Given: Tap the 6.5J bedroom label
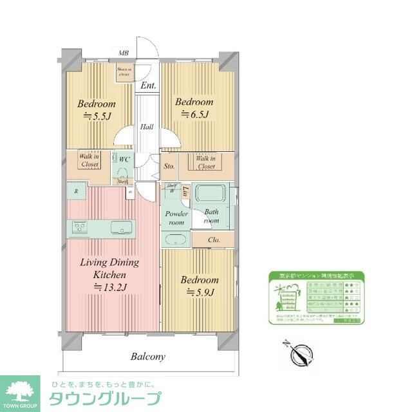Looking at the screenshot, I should (194, 108).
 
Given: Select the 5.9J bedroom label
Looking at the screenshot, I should (200, 286).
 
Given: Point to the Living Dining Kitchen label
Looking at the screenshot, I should (109, 275).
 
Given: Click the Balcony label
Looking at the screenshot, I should (148, 356).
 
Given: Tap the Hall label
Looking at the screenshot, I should (147, 127).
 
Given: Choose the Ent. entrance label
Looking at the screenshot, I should (148, 85).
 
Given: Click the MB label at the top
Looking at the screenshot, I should (124, 54).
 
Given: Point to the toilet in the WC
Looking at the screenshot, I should (120, 169).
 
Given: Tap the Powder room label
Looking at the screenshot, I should (176, 218).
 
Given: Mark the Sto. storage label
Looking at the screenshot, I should (169, 165).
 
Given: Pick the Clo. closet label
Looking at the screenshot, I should (214, 240).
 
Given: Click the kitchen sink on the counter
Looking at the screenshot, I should (120, 227).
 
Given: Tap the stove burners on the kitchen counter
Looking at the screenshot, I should (80, 227).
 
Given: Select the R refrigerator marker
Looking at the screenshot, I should (76, 191).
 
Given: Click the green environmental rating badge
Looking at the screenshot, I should (315, 295).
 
